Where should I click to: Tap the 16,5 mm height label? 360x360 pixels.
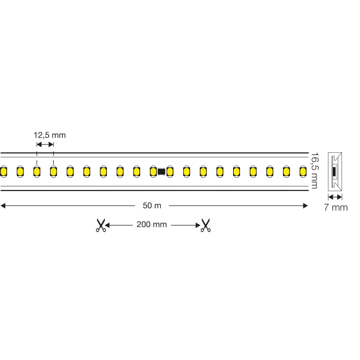coord(315,171)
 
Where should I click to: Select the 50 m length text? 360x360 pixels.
coord(152,205)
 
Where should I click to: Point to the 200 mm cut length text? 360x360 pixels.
coord(152,225)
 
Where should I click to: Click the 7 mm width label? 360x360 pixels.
coord(336,208)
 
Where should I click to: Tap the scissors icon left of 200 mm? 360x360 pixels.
coord(100,225)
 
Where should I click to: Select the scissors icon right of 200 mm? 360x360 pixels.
coord(205,225)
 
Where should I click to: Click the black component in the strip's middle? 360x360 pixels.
coord(161,172)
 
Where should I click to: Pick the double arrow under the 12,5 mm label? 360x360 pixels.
coord(45,144)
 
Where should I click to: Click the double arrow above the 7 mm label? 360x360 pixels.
coord(335,197)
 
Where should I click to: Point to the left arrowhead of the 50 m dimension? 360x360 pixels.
coord(3,205)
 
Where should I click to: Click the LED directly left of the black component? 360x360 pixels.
coord(153,172)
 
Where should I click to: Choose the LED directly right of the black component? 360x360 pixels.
coord(169,172)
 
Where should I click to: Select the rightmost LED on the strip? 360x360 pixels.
coord(302,172)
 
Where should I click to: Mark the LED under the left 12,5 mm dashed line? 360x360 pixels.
coord(37,172)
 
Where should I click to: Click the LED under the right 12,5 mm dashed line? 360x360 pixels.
coord(53,172)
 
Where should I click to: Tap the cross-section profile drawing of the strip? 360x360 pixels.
coord(335,171)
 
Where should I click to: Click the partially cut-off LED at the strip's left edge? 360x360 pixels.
coord(3,172)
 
